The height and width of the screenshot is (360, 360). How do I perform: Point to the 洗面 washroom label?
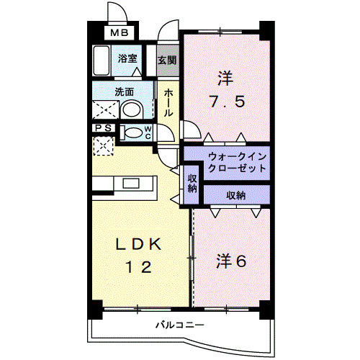pos(124,92)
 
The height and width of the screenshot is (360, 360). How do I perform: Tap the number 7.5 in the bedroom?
pos(226,100)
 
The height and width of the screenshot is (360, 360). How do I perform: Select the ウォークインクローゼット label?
pos(235,161)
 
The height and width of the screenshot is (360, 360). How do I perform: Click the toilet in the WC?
pos(132,132)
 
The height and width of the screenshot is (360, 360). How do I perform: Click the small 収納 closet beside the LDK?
pos(193,183)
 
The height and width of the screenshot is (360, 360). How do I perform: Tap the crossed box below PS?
pos(103,146)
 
